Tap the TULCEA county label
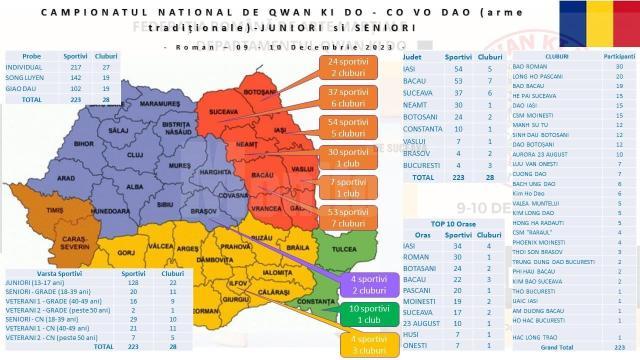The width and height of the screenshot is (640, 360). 333,251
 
